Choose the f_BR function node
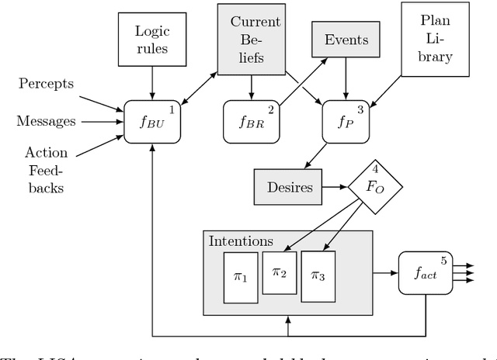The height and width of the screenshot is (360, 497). (x=249, y=122)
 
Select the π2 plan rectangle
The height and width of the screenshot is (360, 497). (x=277, y=272)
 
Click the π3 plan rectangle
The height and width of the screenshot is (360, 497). (x=318, y=275)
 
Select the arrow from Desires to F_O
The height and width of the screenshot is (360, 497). (x=332, y=187)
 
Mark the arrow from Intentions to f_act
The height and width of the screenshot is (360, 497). (x=385, y=273)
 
